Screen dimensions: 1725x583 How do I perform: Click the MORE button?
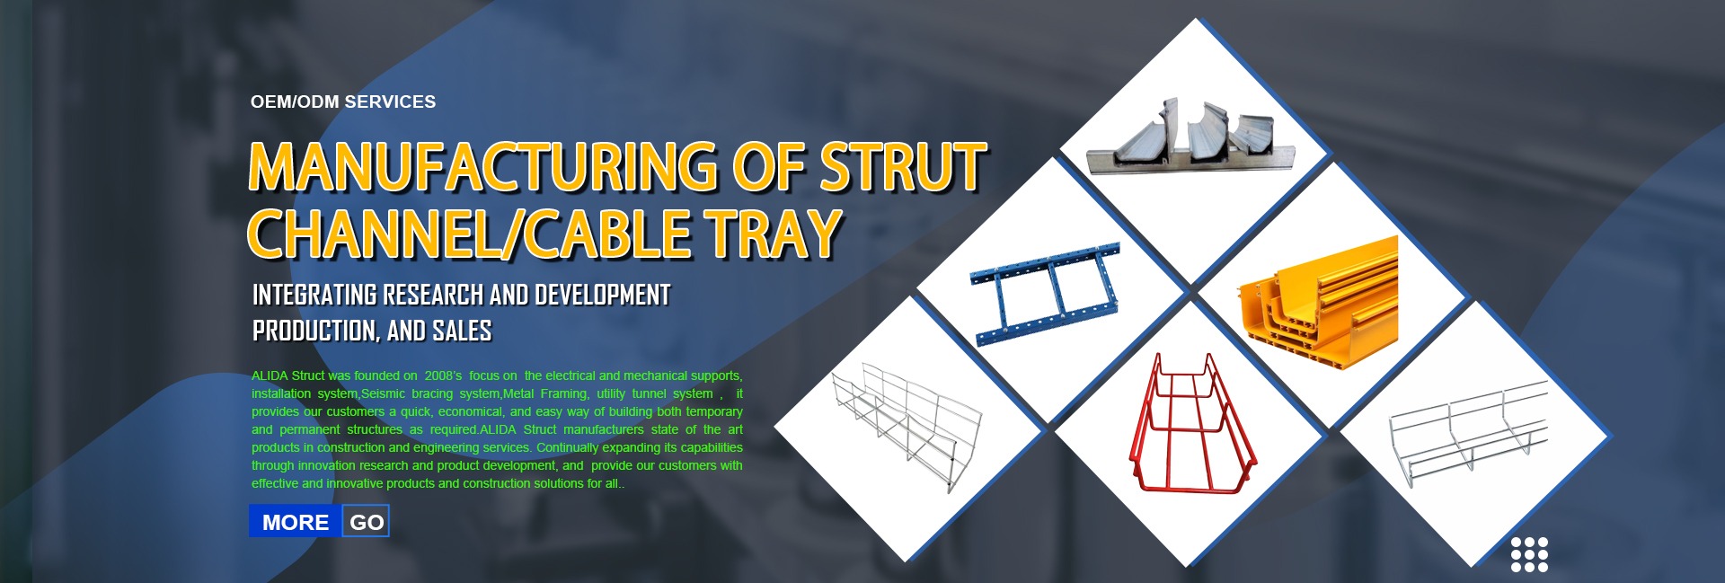(296, 522)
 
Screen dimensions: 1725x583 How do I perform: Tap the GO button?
(367, 522)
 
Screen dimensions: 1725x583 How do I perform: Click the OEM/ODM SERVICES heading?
(343, 102)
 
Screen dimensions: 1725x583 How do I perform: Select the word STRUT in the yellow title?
(903, 167)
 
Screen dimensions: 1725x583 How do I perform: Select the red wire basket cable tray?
(1191, 424)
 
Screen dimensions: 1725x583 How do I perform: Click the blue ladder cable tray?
(1047, 294)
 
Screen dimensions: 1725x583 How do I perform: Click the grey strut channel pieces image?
(1190, 137)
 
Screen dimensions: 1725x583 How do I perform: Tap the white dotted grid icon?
(1529, 554)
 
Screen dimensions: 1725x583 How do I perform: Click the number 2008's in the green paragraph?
(443, 375)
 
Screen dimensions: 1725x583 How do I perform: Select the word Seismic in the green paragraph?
(383, 393)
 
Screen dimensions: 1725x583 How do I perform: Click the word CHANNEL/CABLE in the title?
(469, 234)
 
